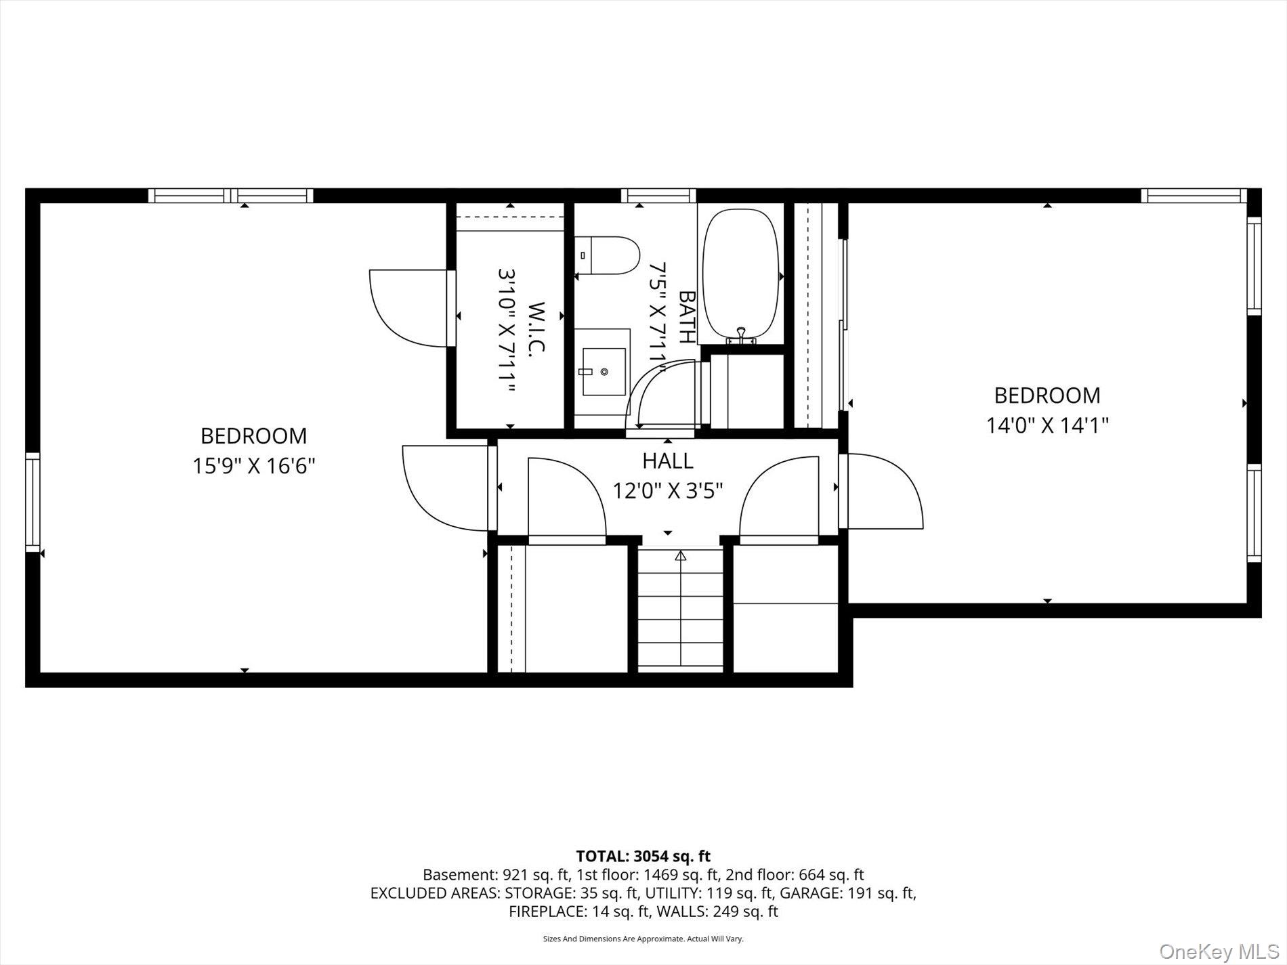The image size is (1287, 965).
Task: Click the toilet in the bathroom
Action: tap(608, 255)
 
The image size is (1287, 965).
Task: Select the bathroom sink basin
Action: tap(603, 372)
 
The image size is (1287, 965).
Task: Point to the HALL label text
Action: tap(668, 461)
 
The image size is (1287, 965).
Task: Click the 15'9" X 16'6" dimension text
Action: tap(254, 466)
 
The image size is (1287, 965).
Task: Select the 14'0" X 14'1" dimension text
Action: tap(1047, 425)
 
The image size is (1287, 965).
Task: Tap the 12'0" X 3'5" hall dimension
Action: tap(668, 490)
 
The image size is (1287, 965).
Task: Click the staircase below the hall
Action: tap(681, 610)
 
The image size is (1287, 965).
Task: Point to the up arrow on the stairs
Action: tap(681, 556)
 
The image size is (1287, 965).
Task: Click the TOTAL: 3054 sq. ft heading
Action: tap(643, 857)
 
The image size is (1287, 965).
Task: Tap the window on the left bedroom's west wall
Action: tap(33, 502)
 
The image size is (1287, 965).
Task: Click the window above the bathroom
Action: tap(659, 196)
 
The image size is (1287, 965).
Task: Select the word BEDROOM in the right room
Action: tap(1047, 395)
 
